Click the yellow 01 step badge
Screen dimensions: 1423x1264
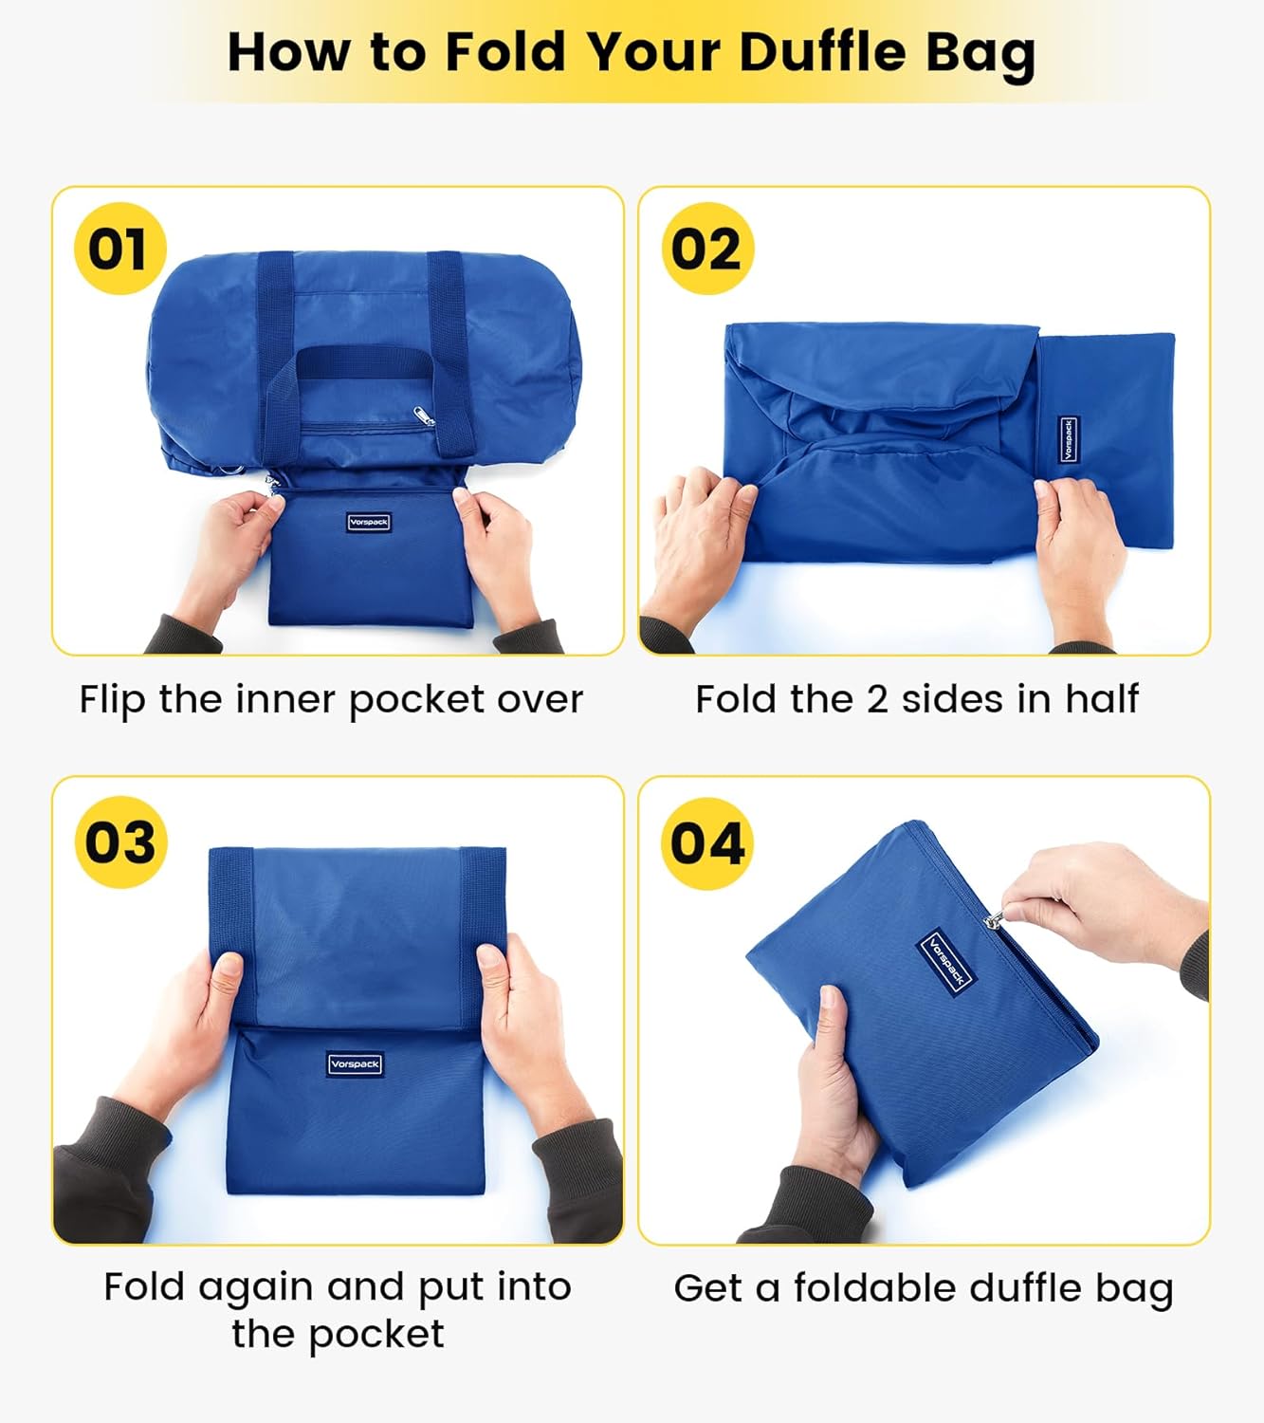tap(119, 249)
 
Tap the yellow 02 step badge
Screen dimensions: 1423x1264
tap(706, 249)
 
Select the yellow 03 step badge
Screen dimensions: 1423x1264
tap(119, 841)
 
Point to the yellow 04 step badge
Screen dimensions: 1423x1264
tap(706, 842)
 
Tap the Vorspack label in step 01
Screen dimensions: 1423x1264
tap(368, 522)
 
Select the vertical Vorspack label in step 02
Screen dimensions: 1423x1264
tap(1068, 439)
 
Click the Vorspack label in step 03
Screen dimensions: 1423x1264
tap(356, 1064)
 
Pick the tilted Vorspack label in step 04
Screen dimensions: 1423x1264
tap(946, 961)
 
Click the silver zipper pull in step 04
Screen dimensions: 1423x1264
tap(995, 918)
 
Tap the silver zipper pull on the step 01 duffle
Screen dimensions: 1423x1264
tap(423, 416)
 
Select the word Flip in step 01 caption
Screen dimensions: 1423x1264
tap(113, 701)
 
